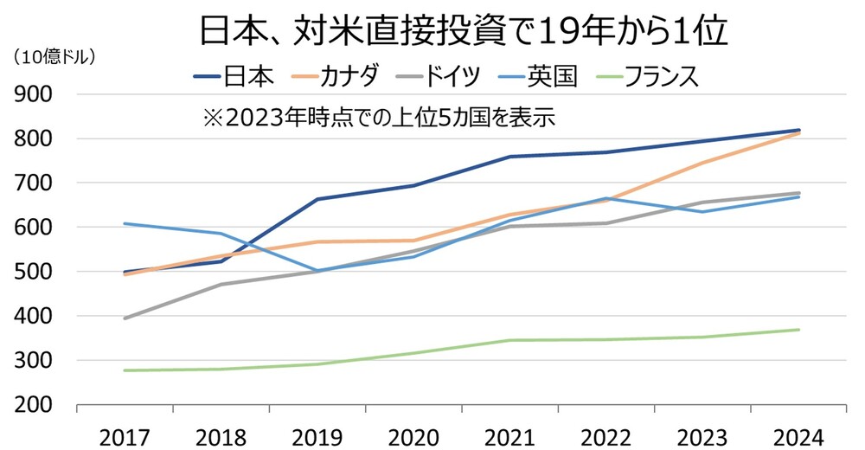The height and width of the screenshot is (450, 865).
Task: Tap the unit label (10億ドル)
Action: pos(54,58)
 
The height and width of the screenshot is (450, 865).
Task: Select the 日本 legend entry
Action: pos(233,76)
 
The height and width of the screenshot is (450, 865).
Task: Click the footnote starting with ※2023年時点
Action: pos(378,117)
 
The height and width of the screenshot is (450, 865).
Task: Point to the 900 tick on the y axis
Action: pos(34,94)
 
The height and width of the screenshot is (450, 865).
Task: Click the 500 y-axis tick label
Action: pos(34,272)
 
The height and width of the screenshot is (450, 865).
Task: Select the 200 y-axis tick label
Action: pos(34,405)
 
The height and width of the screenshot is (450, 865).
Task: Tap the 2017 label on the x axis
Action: pos(125,434)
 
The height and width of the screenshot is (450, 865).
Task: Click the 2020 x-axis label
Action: pos(413,434)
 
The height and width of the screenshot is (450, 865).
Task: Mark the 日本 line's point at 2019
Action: pos(317,199)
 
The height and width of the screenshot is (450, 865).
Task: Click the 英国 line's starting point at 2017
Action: pos(125,223)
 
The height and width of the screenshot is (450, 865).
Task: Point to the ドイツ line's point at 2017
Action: pos(125,318)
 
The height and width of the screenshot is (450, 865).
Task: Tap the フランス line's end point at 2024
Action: pos(798,330)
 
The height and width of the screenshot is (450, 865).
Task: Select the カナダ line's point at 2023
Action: pos(702,163)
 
